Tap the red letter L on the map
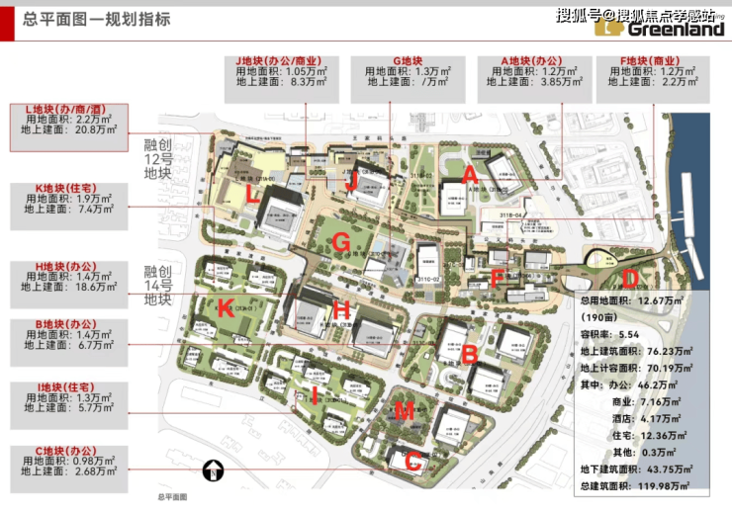(253, 195)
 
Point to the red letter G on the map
(341, 241)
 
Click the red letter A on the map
(471, 175)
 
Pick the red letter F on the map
(498, 279)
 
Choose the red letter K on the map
(226, 307)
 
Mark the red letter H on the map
(341, 309)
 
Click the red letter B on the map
(471, 353)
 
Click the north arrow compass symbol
(212, 471)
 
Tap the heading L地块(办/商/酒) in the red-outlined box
(67, 110)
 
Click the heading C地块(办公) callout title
(66, 450)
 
